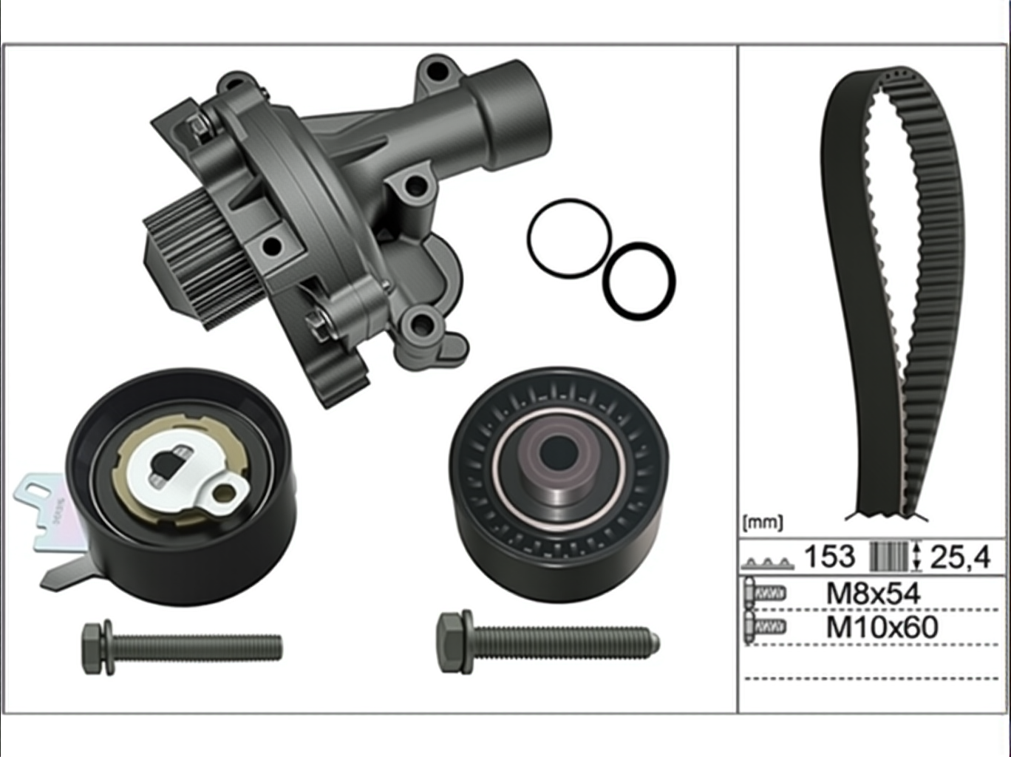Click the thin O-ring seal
pyautogui.click(x=528, y=238)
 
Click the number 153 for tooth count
pyautogui.click(x=829, y=556)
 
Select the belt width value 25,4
pyautogui.click(x=960, y=557)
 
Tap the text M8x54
pyautogui.click(x=874, y=594)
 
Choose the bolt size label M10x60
pyautogui.click(x=882, y=627)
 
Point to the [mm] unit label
pyautogui.click(x=763, y=523)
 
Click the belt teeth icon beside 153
pyautogui.click(x=767, y=563)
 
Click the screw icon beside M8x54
pyautogui.click(x=766, y=594)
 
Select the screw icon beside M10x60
pyautogui.click(x=766, y=627)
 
